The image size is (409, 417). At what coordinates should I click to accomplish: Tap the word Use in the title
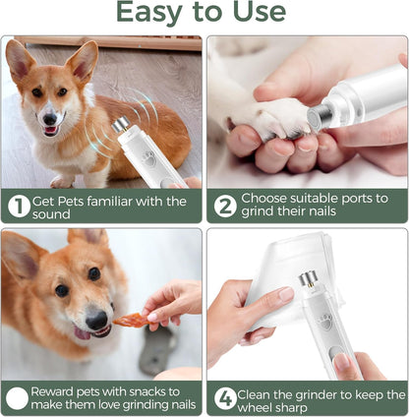[257, 13]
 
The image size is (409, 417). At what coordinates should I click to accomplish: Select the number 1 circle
[18, 206]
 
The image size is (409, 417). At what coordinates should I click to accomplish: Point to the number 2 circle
[225, 206]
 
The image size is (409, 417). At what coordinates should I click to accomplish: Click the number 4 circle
[225, 398]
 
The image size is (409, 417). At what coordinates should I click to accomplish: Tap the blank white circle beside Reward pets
[18, 398]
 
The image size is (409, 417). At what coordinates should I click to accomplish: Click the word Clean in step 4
[263, 391]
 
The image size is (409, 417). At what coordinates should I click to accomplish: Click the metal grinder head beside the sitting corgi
[121, 126]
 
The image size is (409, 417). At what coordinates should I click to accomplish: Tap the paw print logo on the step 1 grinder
[148, 156]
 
